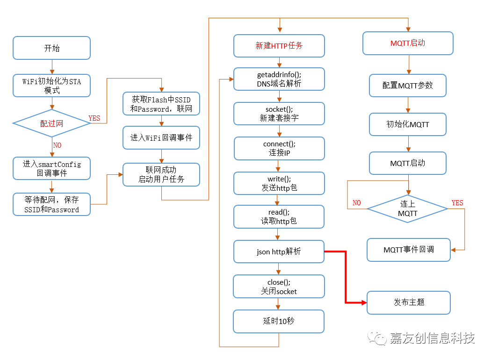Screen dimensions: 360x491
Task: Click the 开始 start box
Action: (51, 48)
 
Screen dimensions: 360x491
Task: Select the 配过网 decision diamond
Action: (51, 123)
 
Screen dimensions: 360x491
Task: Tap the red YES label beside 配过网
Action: (94, 118)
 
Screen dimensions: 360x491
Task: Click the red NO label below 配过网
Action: (57, 145)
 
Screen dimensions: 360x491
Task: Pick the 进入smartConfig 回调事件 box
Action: (51, 168)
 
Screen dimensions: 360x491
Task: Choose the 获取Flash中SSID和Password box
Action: (161, 104)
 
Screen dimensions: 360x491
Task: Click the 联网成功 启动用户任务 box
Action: (161, 174)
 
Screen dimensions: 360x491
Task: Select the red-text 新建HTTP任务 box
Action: (279, 45)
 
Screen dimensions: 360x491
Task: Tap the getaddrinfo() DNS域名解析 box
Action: (279, 79)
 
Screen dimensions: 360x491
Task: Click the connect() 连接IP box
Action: (279, 148)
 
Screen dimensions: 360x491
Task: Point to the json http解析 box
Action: (279, 252)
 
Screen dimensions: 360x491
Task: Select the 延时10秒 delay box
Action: (279, 321)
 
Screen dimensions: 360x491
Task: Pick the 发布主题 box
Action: (408, 302)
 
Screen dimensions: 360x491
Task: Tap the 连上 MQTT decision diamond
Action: (407, 209)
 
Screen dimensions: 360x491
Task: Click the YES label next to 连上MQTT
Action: (457, 203)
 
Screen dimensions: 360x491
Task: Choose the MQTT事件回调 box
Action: (408, 250)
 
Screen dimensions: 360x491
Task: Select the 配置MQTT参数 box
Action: (407, 86)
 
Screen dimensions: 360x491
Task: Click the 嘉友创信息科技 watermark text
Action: (432, 338)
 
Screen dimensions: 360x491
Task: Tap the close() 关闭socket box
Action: (279, 287)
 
